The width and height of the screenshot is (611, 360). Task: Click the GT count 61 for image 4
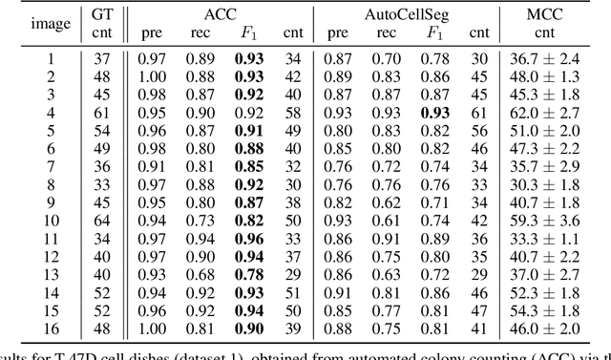point(99,111)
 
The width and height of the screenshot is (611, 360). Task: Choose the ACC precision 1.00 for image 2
point(152,74)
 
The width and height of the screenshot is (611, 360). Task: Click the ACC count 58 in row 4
point(292,111)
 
